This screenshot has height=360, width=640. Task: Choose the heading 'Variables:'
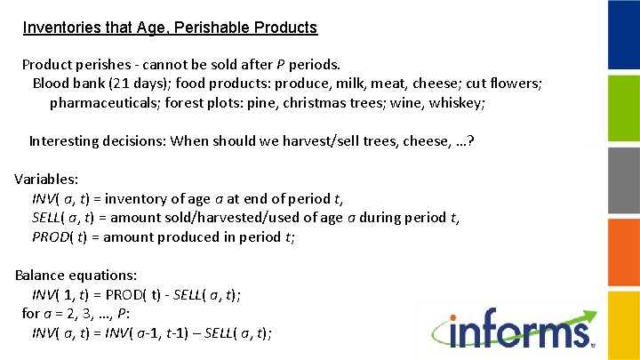click(x=46, y=179)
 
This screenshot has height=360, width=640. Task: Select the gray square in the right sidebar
click(x=623, y=180)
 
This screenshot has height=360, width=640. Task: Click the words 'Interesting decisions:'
click(x=97, y=140)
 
